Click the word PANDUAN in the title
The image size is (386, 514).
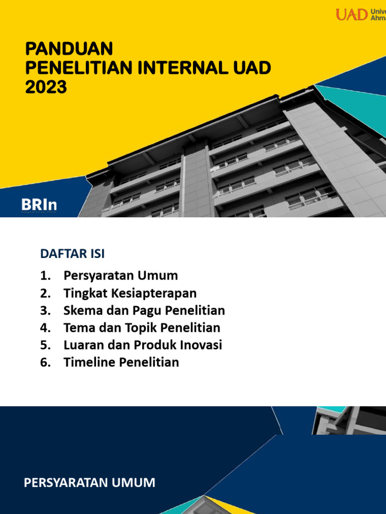click(69, 49)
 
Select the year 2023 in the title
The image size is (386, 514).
click(46, 87)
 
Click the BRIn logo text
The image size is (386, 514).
click(39, 205)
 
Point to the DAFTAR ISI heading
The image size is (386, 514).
click(72, 254)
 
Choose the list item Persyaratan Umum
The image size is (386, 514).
click(121, 276)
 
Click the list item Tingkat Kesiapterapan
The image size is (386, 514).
click(130, 293)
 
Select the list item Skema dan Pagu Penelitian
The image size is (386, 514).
click(144, 310)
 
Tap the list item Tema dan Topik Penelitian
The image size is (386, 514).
click(142, 328)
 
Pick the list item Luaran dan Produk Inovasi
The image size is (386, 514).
click(143, 345)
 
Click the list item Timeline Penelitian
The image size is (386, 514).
click(121, 362)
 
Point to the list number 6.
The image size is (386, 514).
click(45, 362)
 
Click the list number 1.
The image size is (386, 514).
click(45, 276)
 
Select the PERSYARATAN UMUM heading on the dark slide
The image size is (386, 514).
click(89, 483)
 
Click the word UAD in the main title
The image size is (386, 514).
click(252, 68)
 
